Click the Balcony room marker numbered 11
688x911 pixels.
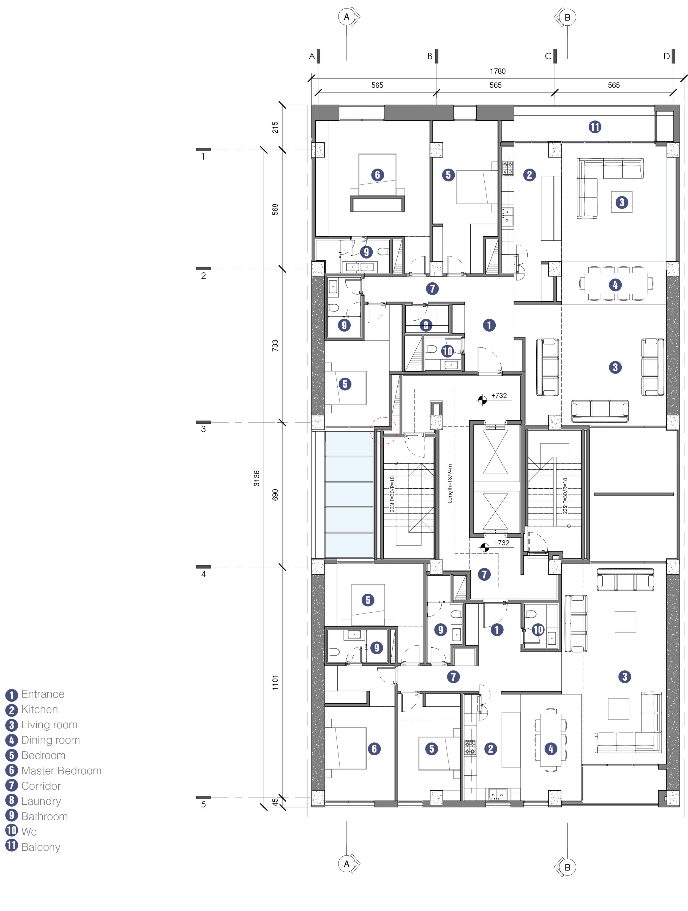click(x=595, y=127)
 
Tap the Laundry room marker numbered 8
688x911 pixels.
click(x=426, y=325)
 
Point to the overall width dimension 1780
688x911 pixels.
click(x=498, y=71)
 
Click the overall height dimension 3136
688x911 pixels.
click(x=257, y=478)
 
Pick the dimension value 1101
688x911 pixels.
click(x=275, y=682)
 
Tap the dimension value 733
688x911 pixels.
click(x=275, y=345)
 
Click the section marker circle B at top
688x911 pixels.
click(x=568, y=17)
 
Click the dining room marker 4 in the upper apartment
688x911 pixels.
click(x=615, y=285)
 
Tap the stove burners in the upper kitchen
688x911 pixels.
click(x=507, y=168)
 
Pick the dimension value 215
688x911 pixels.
click(x=275, y=127)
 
